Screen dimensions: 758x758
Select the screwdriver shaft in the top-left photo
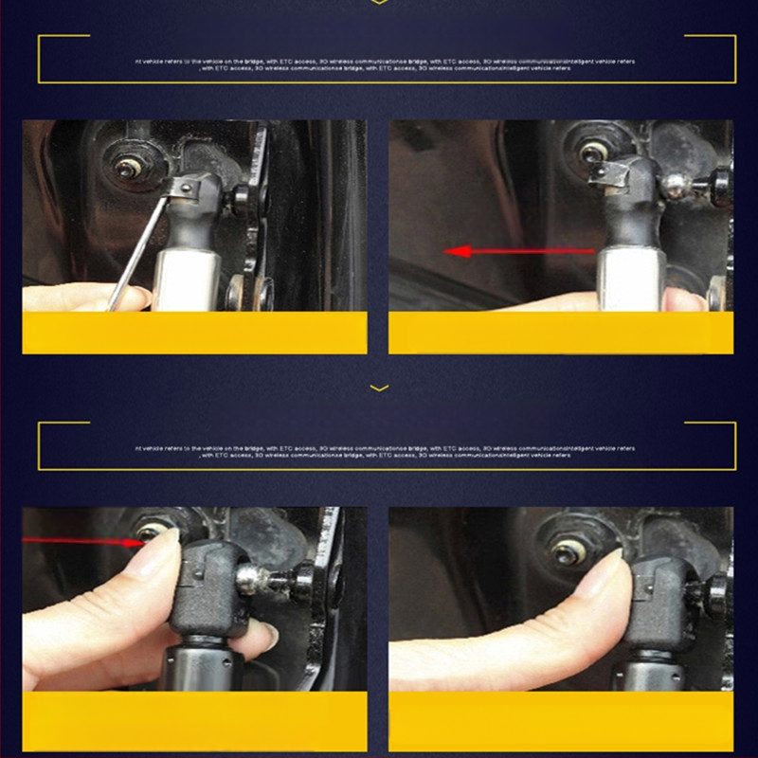click(x=132, y=256)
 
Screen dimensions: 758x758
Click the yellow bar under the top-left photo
click(x=194, y=333)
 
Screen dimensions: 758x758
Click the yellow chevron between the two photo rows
click(x=379, y=388)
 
